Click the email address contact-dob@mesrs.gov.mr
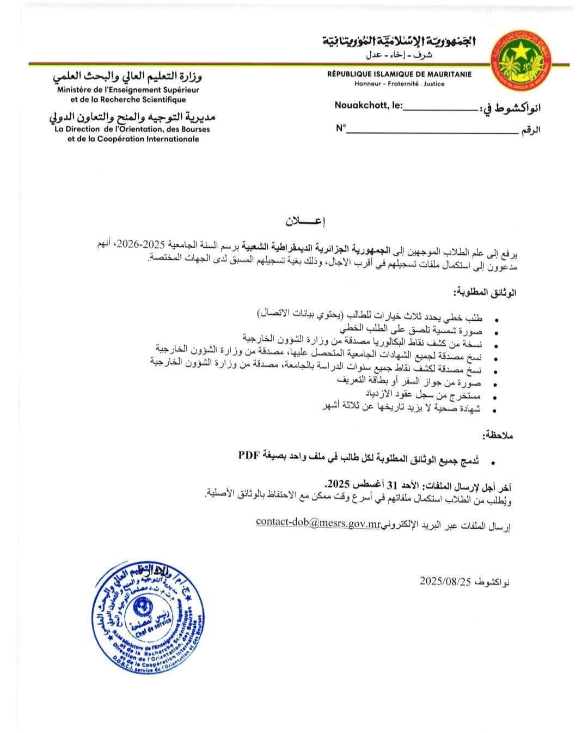pyautogui.click(x=317, y=522)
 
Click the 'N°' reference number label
pyautogui.click(x=341, y=129)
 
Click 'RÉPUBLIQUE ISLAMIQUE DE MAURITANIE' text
pyautogui.click(x=400, y=75)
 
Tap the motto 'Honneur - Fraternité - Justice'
pyautogui.click(x=400, y=84)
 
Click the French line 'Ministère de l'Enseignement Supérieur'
pyautogui.click(x=128, y=90)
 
